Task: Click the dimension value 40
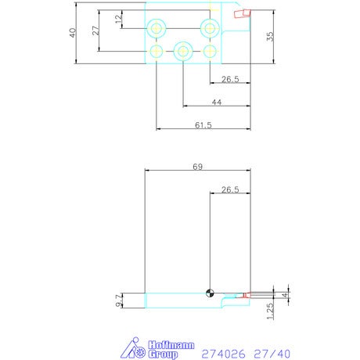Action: pos(73,33)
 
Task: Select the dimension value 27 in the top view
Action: pos(96,31)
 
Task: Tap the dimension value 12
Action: pos(119,19)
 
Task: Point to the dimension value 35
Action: pos(270,37)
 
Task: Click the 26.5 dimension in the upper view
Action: pos(230,79)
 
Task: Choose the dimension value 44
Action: pos(217,102)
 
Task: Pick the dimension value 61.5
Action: pos(203,125)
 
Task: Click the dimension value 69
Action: pos(198,167)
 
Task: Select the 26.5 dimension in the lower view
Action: pos(230,189)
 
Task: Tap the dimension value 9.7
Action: pos(119,301)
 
